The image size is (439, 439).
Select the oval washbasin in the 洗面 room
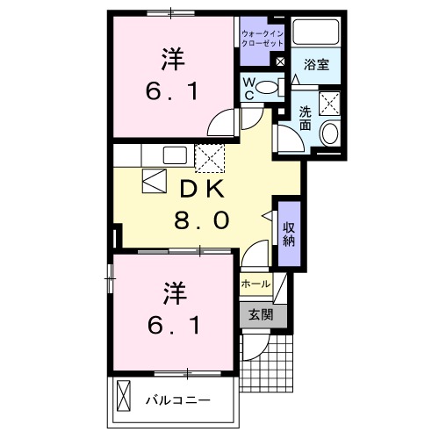tap(331, 135)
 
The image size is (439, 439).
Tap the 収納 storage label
tap(289, 234)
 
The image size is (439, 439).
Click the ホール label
tap(255, 284)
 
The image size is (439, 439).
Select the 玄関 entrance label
tap(260, 314)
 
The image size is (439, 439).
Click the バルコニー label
tap(177, 400)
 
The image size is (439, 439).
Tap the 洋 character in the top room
tap(173, 59)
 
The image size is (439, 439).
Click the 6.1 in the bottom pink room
tap(173, 325)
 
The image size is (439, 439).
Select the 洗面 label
tap(305, 119)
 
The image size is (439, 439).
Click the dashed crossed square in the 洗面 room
tap(331, 103)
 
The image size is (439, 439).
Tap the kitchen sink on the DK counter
tap(175, 156)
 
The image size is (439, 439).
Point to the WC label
tap(249, 88)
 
